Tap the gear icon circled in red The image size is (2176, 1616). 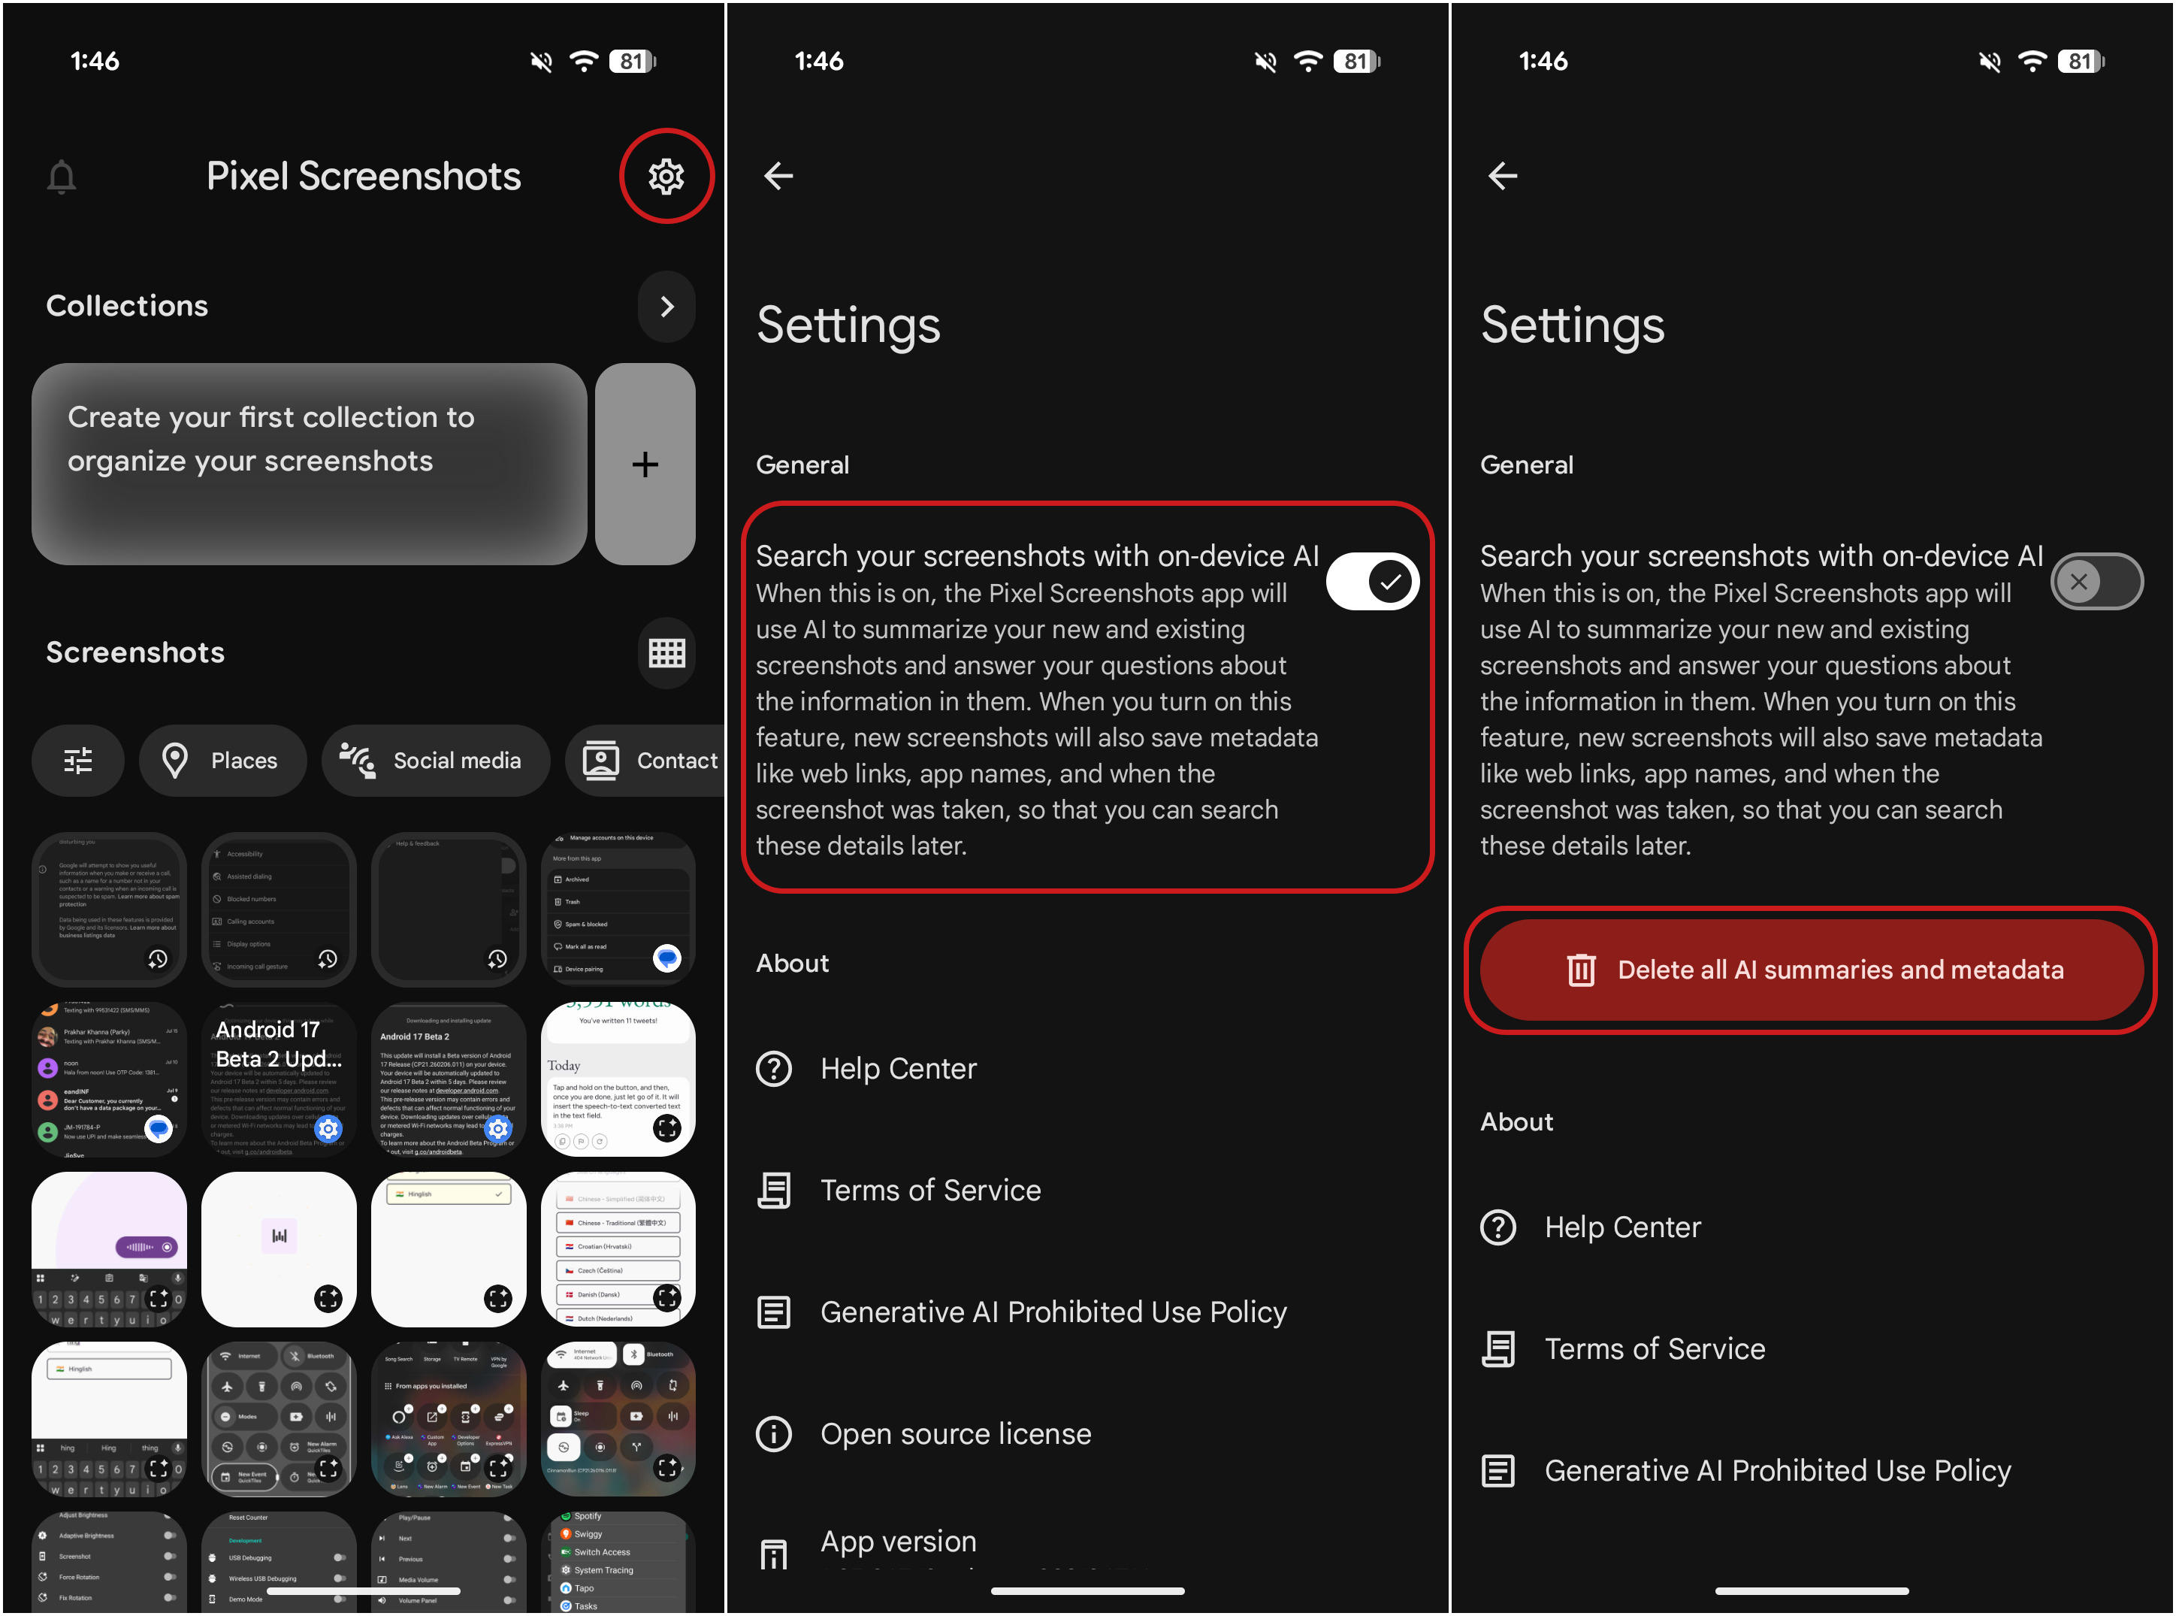[x=666, y=176]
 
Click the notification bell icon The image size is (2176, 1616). [x=62, y=177]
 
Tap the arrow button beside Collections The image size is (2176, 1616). [x=666, y=306]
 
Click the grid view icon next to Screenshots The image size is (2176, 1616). [x=666, y=652]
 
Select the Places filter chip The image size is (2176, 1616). [x=223, y=760]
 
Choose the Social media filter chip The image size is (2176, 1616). [x=435, y=760]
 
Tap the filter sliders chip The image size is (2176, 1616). [x=78, y=760]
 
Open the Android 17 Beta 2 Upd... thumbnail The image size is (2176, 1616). [x=279, y=1079]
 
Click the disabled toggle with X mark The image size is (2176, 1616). [x=2096, y=582]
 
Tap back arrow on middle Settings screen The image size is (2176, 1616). [x=778, y=176]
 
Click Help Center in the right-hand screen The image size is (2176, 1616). [x=1621, y=1227]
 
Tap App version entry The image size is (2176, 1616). [x=898, y=1542]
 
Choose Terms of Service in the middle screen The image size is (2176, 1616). [x=930, y=1191]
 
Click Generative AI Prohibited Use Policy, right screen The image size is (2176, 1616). [x=1776, y=1470]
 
